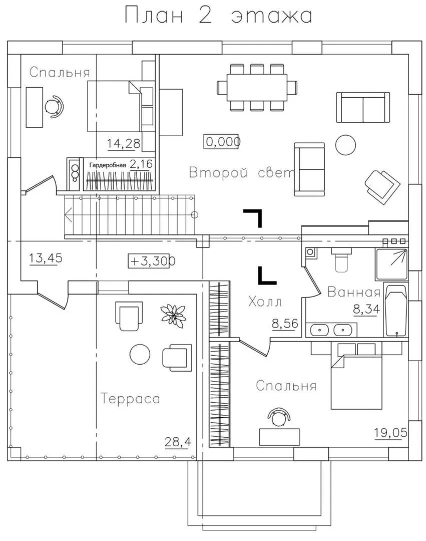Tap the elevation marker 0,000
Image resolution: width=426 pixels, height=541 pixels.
[x=222, y=142]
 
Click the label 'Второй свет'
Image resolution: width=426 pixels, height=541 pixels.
[x=240, y=173]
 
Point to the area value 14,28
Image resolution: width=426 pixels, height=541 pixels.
[x=123, y=144]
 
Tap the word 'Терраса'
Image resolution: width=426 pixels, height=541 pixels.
[x=130, y=399]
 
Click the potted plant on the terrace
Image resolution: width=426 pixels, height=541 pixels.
[x=173, y=316]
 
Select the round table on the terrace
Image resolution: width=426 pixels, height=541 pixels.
[x=140, y=355]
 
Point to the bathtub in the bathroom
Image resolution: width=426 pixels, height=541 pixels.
[x=396, y=311]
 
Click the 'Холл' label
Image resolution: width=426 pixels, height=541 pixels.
[x=265, y=302]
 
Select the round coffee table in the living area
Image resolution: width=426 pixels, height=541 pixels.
[x=345, y=145]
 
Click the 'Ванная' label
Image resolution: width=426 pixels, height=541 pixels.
[x=354, y=293]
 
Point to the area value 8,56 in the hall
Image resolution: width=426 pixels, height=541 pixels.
[x=284, y=324]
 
